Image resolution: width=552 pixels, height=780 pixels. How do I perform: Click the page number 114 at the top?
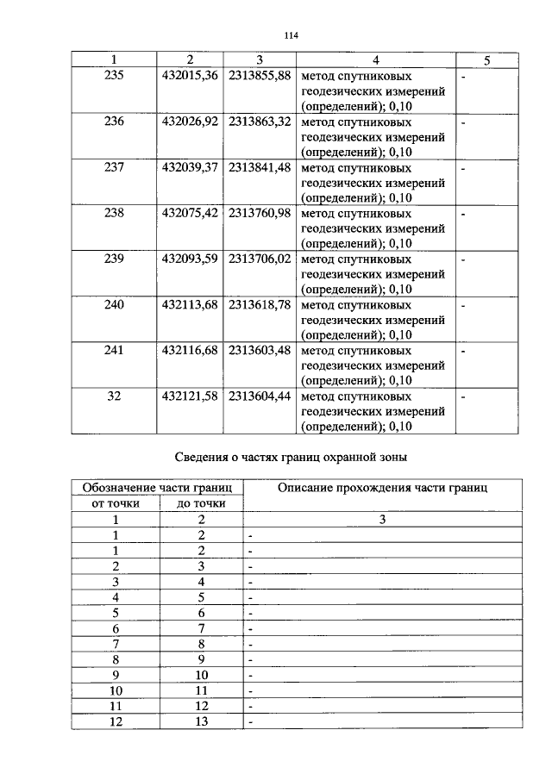290,35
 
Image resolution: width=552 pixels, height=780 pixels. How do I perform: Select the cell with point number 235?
114,76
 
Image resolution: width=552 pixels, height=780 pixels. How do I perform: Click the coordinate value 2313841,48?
260,167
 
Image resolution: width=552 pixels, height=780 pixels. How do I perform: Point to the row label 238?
114,213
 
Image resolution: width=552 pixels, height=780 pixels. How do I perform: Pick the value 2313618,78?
260,304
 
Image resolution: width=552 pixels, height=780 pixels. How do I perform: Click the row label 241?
114,350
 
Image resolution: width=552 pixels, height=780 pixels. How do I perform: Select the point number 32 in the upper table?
114,396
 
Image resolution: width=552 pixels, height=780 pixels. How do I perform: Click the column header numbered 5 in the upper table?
487,59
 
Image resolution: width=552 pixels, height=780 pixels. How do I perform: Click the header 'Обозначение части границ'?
157,488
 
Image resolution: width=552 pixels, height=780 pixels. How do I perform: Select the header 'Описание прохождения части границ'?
382,488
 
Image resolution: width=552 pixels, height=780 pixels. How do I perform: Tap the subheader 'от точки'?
115,504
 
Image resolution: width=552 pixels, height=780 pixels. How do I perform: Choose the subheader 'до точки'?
201,504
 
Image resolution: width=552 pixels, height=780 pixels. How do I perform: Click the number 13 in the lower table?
202,721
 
